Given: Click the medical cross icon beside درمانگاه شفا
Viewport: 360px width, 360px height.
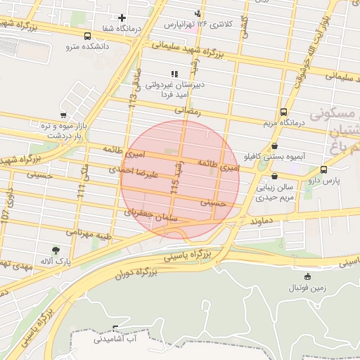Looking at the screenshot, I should [x=122, y=18].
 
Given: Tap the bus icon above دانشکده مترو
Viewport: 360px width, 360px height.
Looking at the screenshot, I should [x=87, y=36].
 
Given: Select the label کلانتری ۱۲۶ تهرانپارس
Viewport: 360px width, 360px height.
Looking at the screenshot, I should [x=198, y=24].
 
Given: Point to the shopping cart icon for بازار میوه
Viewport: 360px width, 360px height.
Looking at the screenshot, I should [x=64, y=115].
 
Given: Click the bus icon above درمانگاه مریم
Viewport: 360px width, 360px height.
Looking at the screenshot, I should [x=283, y=111].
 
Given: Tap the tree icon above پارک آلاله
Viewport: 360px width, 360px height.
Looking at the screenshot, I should [x=56, y=249].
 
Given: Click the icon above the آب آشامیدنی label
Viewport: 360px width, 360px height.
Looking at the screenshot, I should [x=116, y=328].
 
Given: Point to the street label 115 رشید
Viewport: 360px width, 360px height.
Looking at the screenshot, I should [x=175, y=180].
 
